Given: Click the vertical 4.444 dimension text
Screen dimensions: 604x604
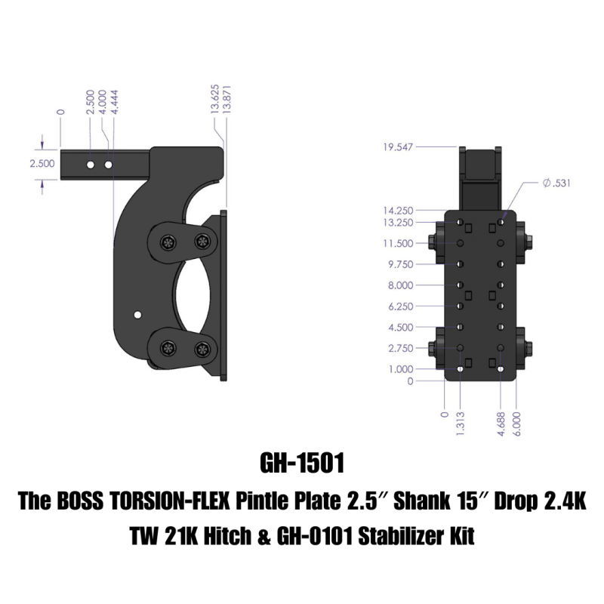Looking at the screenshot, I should pos(113,103).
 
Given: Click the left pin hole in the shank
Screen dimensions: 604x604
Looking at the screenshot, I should pos(90,164).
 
